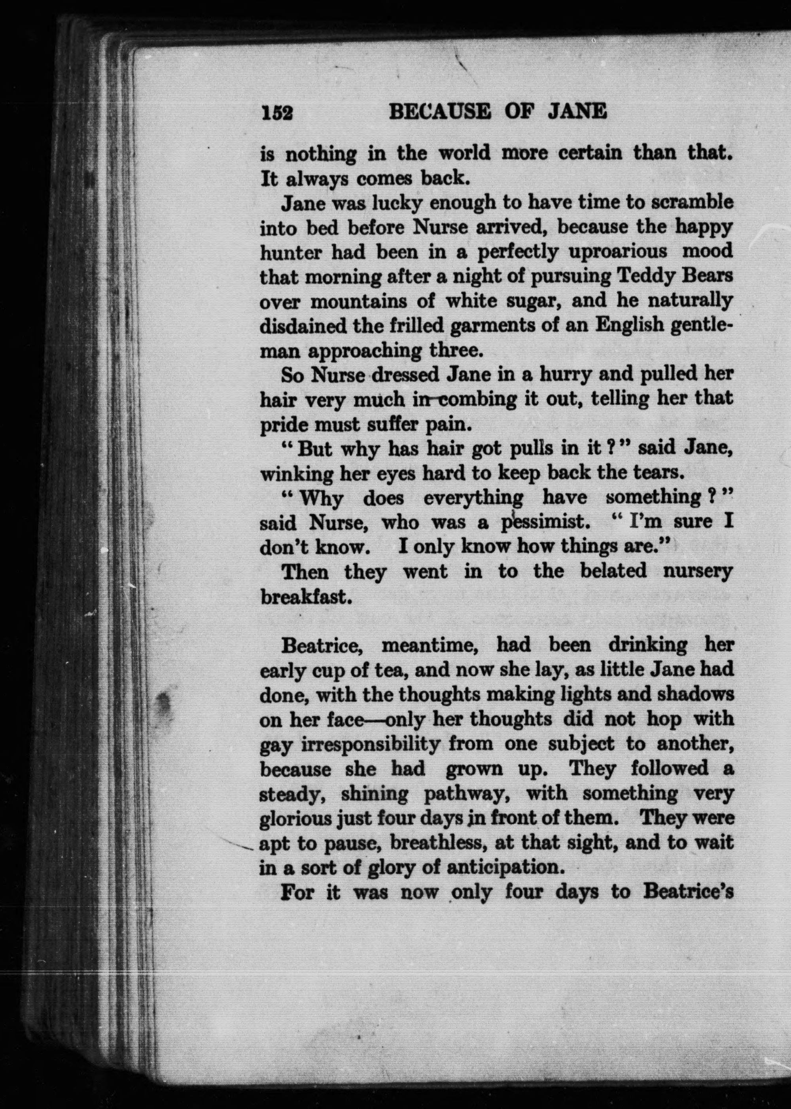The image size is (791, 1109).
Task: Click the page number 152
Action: point(277,114)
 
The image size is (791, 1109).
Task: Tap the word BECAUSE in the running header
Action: point(439,112)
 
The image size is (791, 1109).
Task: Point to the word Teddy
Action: point(647,276)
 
